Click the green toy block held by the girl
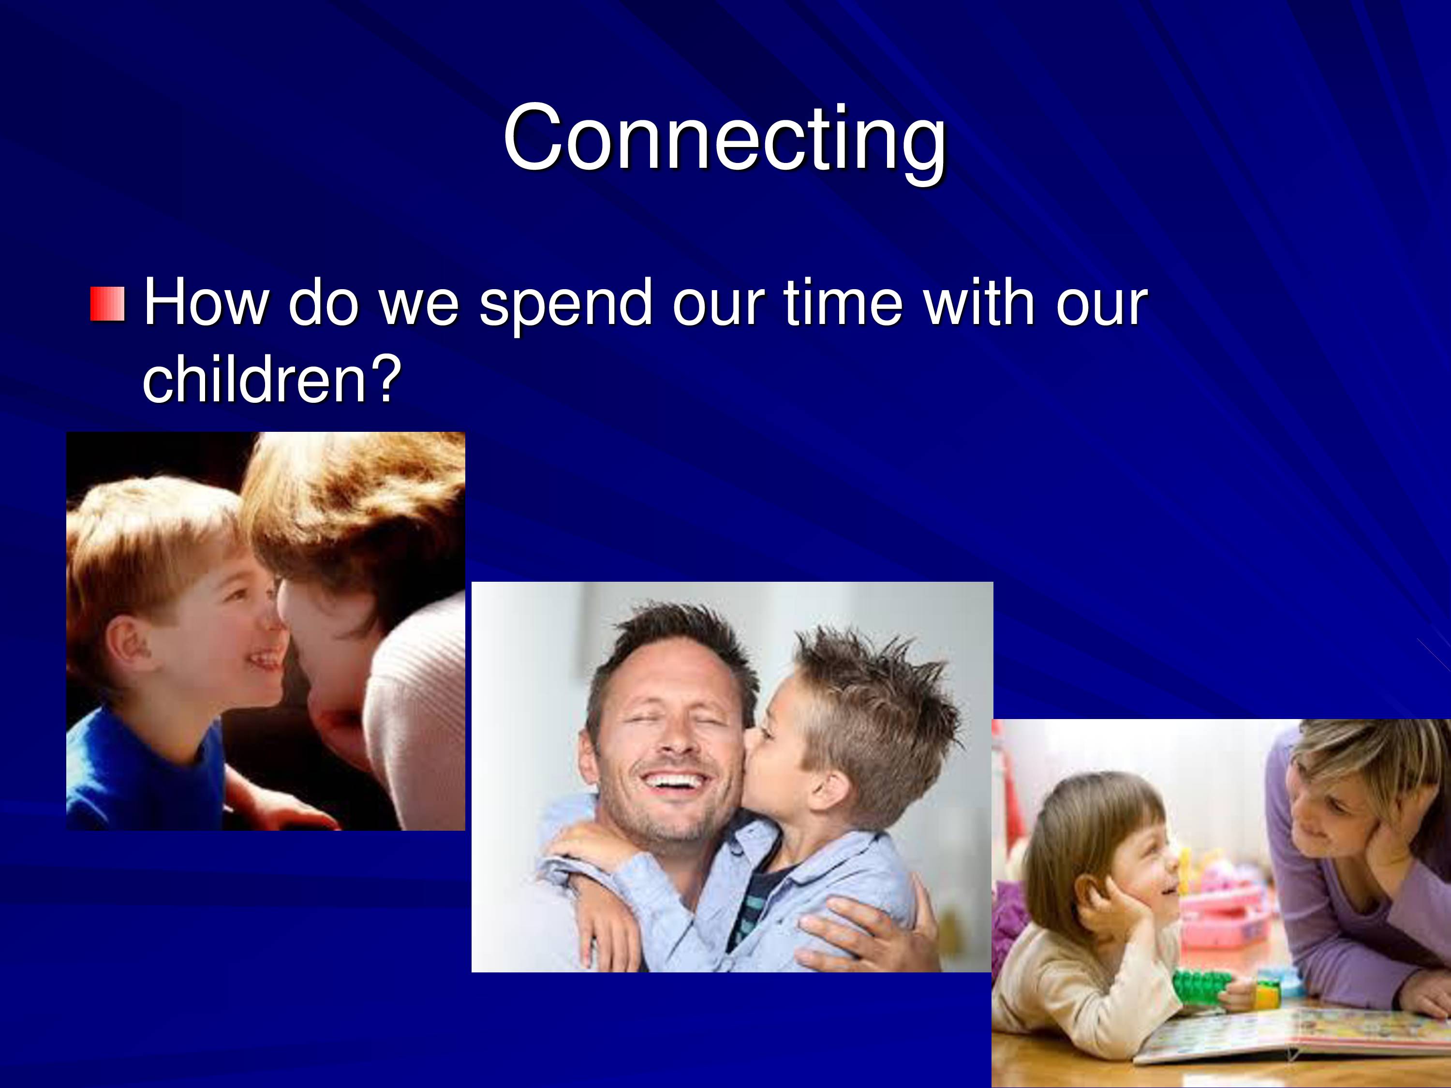point(1202,987)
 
